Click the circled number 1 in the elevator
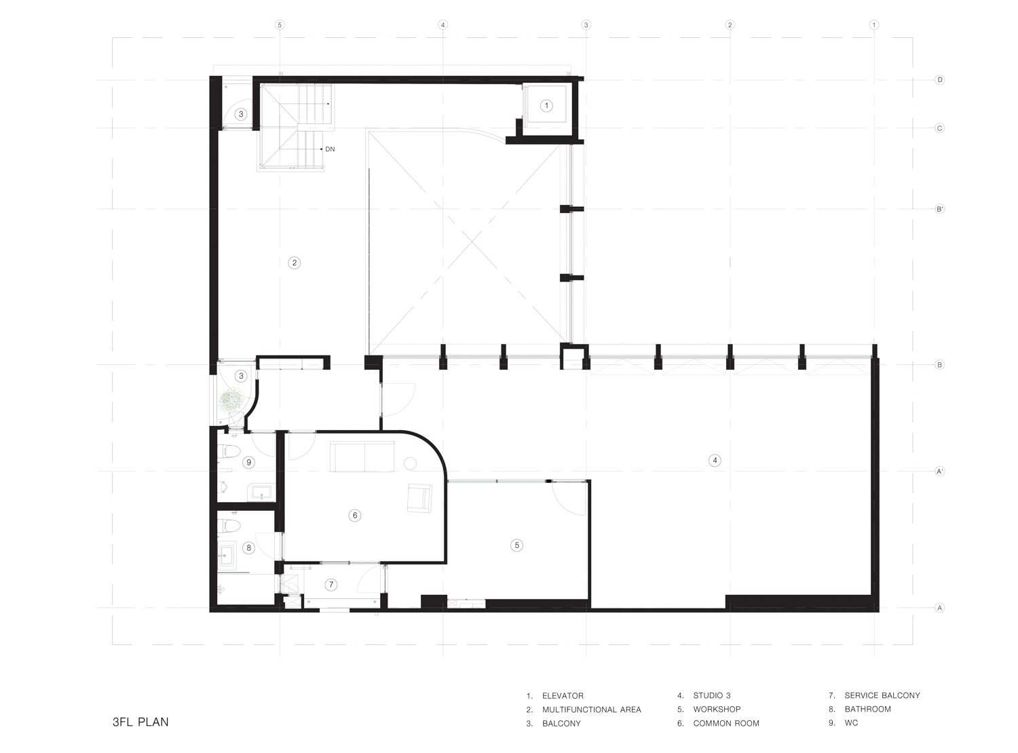pyautogui.click(x=546, y=106)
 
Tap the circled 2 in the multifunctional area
pyautogui.click(x=294, y=263)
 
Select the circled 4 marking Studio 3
pyautogui.click(x=714, y=460)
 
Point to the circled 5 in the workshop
pyautogui.click(x=516, y=545)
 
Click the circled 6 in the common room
pyautogui.click(x=354, y=516)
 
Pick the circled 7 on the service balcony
pyautogui.click(x=331, y=585)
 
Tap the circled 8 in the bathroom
pyautogui.click(x=248, y=547)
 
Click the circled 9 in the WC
pyautogui.click(x=249, y=462)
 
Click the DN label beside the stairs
pyautogui.click(x=330, y=149)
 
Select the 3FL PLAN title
pyautogui.click(x=140, y=722)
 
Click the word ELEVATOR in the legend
pyautogui.click(x=563, y=695)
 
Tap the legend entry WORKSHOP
pyautogui.click(x=717, y=709)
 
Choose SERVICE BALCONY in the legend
pyautogui.click(x=882, y=695)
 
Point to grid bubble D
pyautogui.click(x=939, y=80)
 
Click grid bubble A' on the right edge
pyautogui.click(x=939, y=471)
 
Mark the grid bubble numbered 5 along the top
pyautogui.click(x=280, y=25)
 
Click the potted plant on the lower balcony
pyautogui.click(x=231, y=399)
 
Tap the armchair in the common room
pyautogui.click(x=419, y=498)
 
